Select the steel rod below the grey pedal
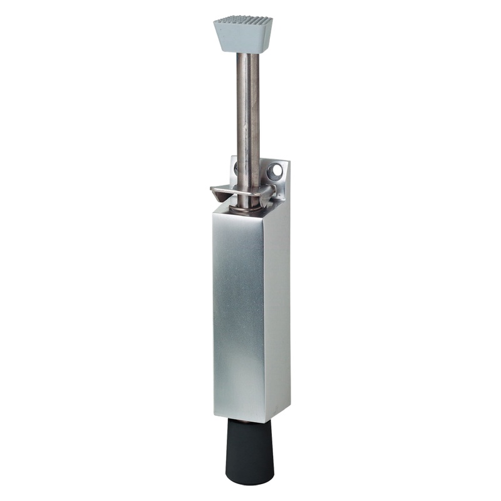[x=248, y=113]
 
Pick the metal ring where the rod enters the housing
[x=247, y=207]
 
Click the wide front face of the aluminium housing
[x=238, y=313]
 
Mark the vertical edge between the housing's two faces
[x=264, y=313]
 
